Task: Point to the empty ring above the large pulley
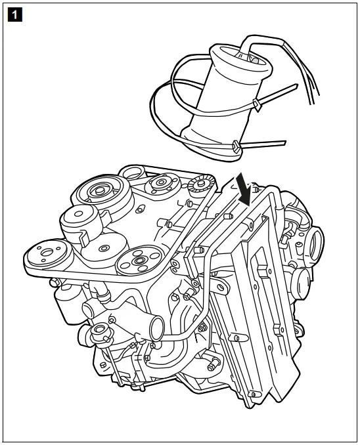point(134,173)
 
